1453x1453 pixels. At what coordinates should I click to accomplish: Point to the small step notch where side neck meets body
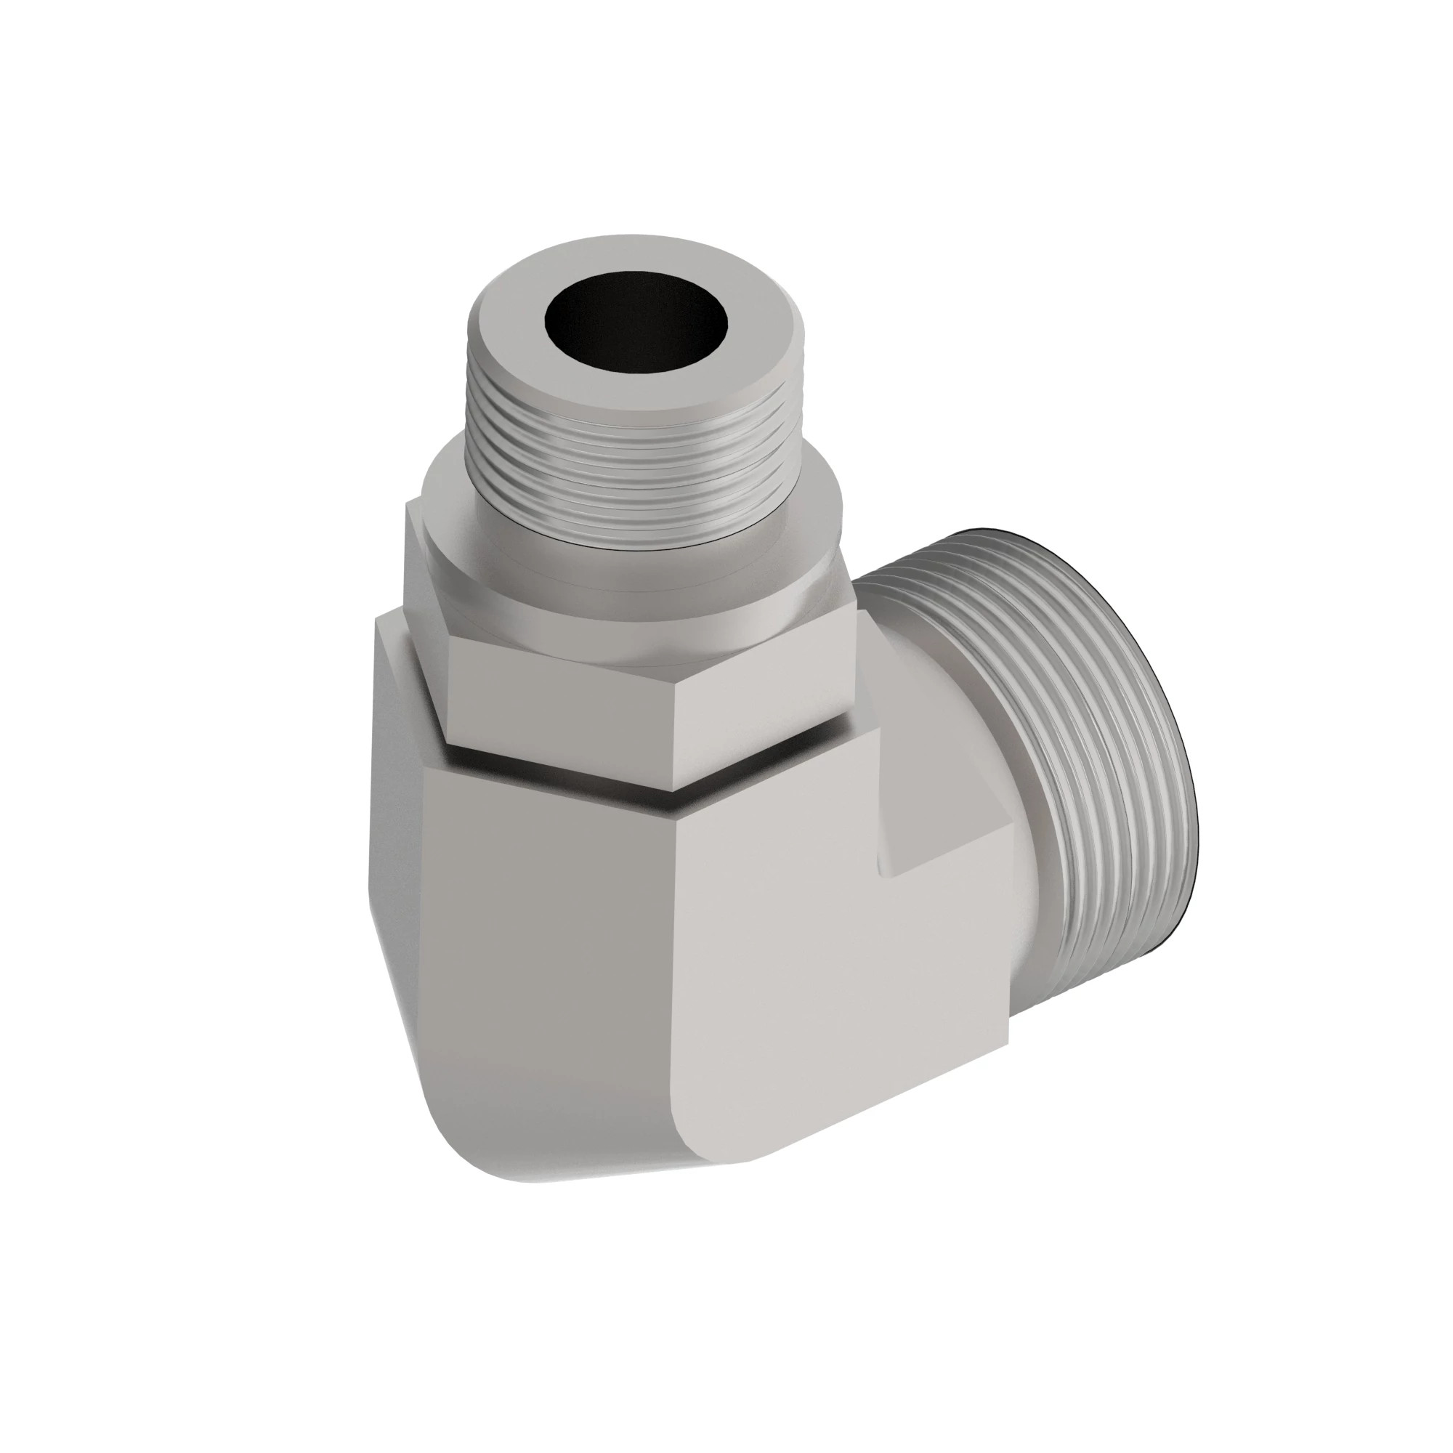click(x=902, y=857)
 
